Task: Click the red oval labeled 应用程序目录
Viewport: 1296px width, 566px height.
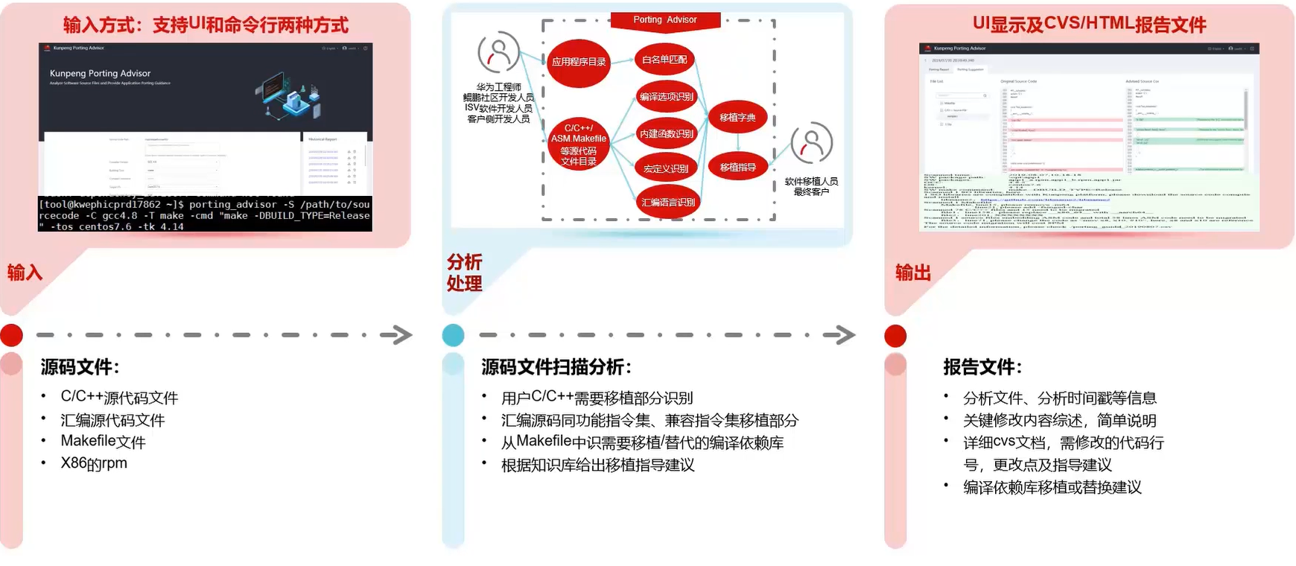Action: [x=579, y=63]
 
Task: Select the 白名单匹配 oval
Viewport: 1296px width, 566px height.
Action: [x=664, y=60]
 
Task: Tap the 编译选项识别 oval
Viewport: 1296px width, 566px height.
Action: [x=666, y=97]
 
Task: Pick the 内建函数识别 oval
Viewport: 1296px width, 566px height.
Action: [x=667, y=134]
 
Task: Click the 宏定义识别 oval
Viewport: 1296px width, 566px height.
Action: [x=666, y=169]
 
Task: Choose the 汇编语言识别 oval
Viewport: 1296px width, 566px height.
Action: [x=668, y=203]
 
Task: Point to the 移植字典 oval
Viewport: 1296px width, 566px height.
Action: [x=737, y=118]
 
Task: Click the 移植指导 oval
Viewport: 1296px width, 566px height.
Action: [x=737, y=168]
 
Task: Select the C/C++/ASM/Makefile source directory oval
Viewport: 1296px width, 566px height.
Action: [x=579, y=144]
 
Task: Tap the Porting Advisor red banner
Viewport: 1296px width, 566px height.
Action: [x=665, y=20]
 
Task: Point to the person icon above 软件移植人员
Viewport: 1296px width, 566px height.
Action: [x=811, y=142]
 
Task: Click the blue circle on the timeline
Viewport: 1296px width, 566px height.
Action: [x=453, y=335]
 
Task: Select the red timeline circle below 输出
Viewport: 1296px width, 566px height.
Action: [x=895, y=336]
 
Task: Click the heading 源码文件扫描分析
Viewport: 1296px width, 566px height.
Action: [x=556, y=366]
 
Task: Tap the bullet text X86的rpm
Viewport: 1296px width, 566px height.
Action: [x=94, y=463]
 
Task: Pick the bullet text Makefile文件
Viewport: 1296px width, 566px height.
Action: [x=103, y=441]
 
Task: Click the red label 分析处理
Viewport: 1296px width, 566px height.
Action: [x=464, y=273]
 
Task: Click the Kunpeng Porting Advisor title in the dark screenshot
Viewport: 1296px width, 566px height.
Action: [x=100, y=74]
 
